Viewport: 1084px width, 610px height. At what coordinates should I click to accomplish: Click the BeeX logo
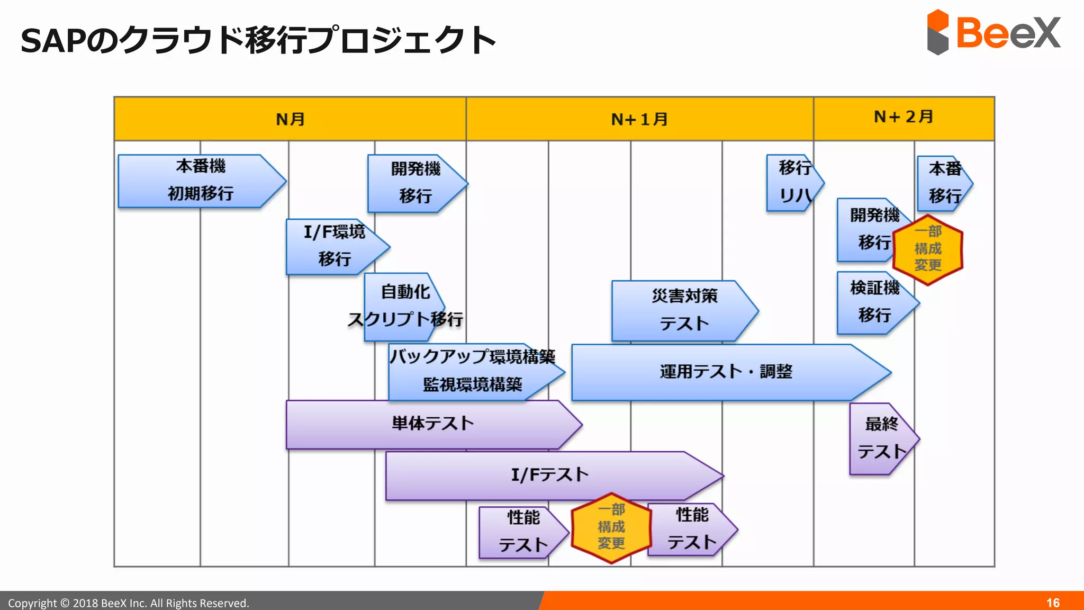pos(993,33)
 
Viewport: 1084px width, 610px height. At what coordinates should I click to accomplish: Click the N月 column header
pos(290,119)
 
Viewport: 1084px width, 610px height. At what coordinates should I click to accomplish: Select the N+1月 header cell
pos(639,119)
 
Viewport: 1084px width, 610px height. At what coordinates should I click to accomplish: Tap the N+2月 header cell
pos(904,118)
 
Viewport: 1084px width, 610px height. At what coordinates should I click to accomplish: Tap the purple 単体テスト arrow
pos(432,424)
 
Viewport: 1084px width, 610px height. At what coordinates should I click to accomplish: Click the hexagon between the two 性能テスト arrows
pos(611,527)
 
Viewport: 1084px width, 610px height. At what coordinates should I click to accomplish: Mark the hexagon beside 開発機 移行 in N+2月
pos(928,249)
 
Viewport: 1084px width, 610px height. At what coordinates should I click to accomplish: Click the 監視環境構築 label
pos(472,385)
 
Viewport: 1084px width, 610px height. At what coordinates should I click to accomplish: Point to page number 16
pos(1053,603)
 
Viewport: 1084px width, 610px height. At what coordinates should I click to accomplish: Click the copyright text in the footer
pos(129,603)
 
